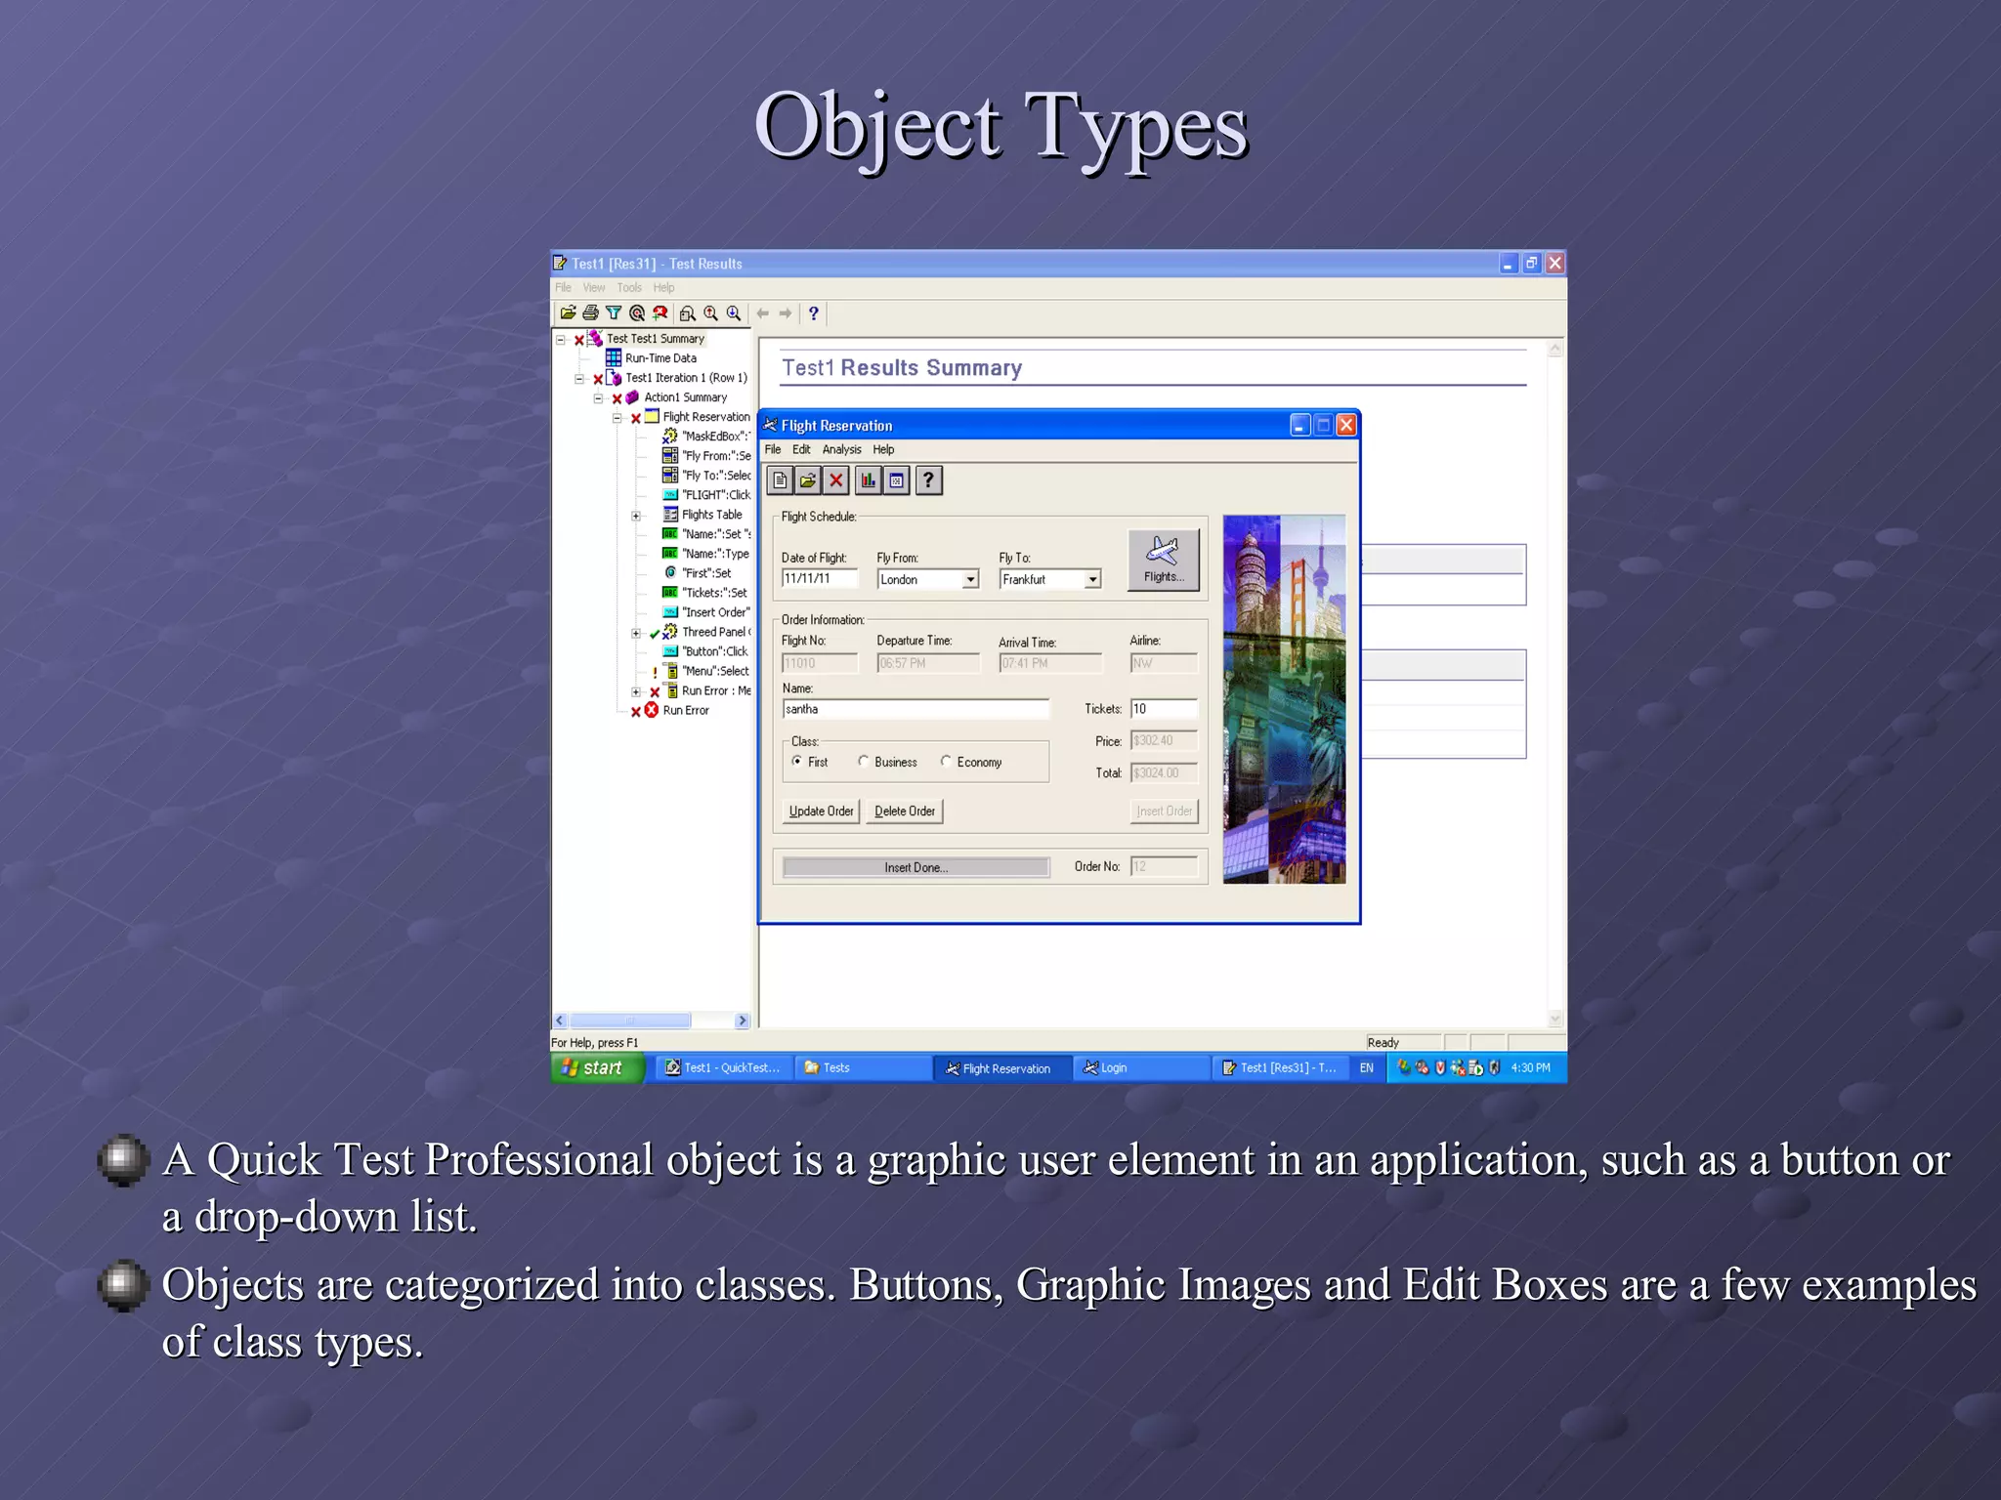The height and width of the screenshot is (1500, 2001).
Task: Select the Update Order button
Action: (821, 812)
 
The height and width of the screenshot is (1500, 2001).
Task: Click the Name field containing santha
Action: (915, 709)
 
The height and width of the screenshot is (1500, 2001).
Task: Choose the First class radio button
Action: (797, 762)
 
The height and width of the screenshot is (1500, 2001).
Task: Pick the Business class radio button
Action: (864, 762)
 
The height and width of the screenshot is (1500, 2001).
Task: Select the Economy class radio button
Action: (946, 762)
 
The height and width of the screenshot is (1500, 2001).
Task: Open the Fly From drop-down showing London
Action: (970, 579)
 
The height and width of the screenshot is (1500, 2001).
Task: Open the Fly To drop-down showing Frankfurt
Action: (1092, 579)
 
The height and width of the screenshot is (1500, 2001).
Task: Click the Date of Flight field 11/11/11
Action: (819, 578)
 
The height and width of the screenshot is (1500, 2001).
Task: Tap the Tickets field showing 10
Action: (1163, 709)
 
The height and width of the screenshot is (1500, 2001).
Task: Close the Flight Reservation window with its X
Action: (1345, 425)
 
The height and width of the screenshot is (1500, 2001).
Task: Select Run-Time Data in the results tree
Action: (660, 358)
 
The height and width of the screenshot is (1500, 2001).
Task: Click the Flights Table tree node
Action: (711, 515)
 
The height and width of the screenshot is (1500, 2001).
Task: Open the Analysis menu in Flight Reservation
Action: (841, 449)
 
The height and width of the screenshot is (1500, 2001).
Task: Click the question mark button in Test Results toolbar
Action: (813, 313)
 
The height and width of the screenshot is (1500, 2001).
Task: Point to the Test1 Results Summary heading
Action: (901, 368)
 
